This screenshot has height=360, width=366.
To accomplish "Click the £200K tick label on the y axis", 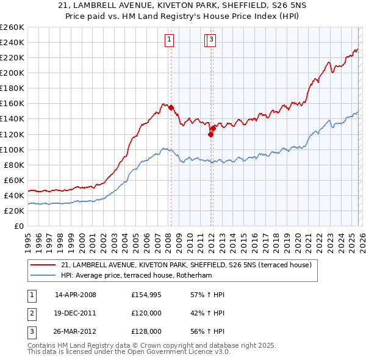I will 12,73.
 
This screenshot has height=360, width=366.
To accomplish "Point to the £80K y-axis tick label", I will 14,165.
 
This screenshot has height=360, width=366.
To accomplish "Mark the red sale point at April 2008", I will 171,107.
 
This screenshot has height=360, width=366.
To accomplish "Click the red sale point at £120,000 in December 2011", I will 210,134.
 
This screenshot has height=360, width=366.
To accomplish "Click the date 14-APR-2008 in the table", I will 75,295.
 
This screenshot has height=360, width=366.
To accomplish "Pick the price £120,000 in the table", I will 146,314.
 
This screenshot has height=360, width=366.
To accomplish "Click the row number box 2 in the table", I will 31,314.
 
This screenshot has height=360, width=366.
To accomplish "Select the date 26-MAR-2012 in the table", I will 75,333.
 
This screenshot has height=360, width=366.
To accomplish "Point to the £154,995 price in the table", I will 146,295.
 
